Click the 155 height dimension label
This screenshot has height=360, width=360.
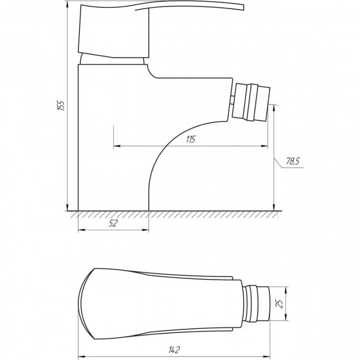coord(61,106)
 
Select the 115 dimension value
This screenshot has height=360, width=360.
coord(191,140)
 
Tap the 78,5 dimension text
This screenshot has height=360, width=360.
coord(293,161)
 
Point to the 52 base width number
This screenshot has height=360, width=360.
coord(113,224)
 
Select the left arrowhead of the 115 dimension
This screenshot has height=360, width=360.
coord(116,146)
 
